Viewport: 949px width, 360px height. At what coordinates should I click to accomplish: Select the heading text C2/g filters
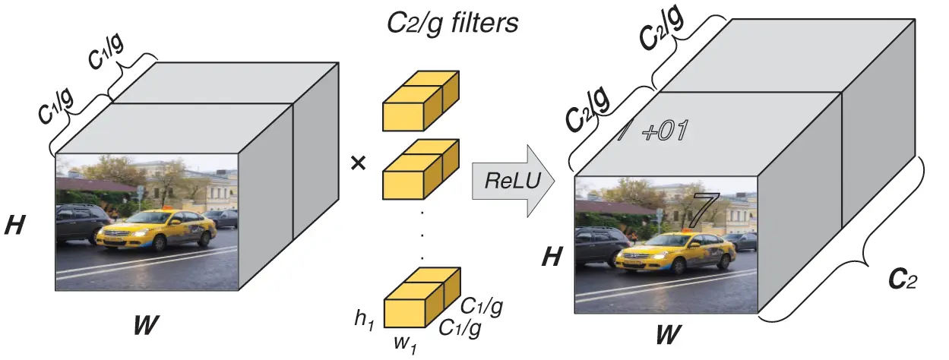(x=452, y=23)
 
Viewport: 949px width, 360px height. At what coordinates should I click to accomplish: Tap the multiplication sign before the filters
(x=358, y=163)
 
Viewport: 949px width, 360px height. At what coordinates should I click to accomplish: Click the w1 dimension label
(x=404, y=342)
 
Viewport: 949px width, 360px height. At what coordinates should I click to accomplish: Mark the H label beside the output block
(x=551, y=257)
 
